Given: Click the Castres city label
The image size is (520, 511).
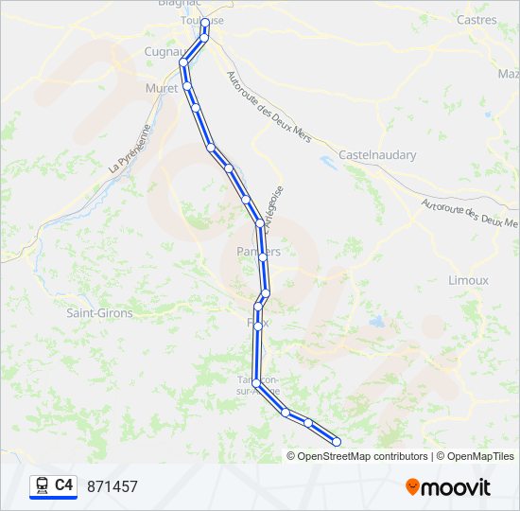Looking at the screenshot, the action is (x=476, y=20).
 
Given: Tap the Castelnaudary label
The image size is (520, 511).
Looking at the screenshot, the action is (x=377, y=155).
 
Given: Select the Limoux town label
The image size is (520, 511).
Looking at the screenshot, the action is (x=468, y=280).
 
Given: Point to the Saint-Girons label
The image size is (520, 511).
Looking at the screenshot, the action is (x=99, y=311).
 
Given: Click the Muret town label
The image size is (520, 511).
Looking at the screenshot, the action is (x=161, y=88).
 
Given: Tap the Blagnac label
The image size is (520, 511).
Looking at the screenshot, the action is (x=175, y=4).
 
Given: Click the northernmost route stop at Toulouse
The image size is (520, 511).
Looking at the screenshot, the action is (x=205, y=22).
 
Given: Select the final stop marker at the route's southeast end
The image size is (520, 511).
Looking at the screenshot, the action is (x=337, y=441).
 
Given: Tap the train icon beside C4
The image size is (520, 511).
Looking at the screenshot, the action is (x=42, y=485).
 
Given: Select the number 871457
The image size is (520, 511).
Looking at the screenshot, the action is (x=113, y=486).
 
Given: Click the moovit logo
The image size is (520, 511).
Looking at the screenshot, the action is (x=448, y=486).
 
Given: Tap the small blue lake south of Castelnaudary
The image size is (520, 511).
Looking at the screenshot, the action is (x=328, y=160).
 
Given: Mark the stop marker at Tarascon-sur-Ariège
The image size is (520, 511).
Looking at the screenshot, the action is (x=256, y=382).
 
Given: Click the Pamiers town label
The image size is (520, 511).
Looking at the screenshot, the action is (x=257, y=252).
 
